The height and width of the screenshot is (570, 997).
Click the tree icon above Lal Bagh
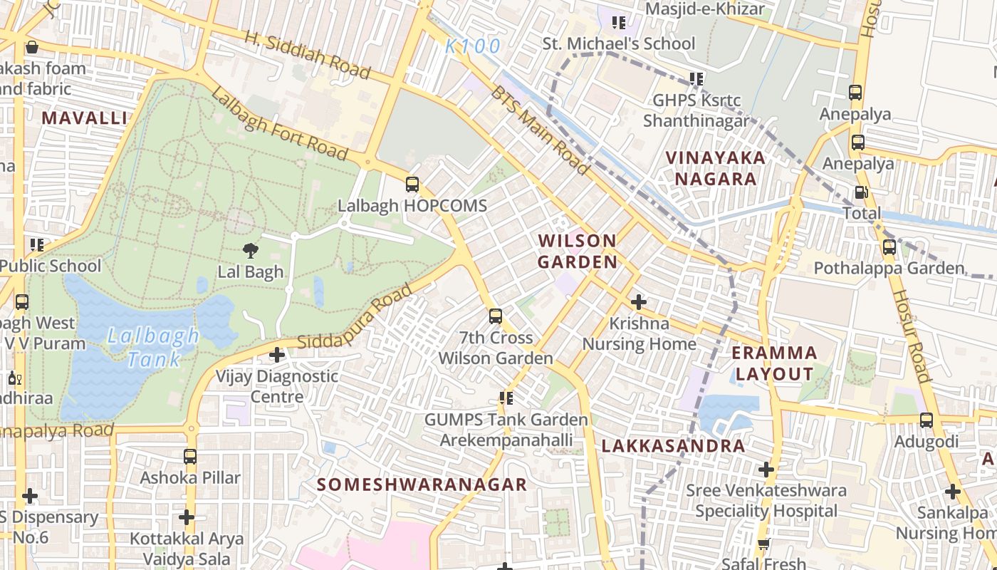(x=250, y=250)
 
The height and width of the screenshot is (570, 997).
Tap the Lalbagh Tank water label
(x=152, y=347)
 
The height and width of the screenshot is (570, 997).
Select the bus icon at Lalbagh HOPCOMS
(x=412, y=185)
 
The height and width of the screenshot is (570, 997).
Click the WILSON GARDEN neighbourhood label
(x=578, y=251)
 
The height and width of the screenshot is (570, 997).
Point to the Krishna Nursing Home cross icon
(x=639, y=302)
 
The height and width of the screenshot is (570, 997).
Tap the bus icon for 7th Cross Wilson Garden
(x=496, y=316)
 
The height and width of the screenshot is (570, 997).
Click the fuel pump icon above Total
(x=861, y=192)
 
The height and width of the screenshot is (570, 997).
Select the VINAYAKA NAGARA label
(x=715, y=168)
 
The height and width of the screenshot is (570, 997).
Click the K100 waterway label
(x=473, y=47)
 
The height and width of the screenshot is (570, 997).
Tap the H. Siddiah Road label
(x=308, y=55)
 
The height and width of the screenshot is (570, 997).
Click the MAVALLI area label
(x=84, y=118)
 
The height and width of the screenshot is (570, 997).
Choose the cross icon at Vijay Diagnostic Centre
(x=277, y=355)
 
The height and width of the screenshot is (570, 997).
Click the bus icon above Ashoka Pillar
(x=190, y=456)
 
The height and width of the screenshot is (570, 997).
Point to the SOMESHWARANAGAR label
(x=422, y=484)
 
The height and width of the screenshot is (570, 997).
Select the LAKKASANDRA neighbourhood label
(x=673, y=446)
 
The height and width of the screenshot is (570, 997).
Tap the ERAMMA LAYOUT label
(x=774, y=363)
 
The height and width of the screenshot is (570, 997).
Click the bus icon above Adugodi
(x=926, y=420)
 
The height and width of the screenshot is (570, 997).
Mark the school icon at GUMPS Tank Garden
(x=506, y=398)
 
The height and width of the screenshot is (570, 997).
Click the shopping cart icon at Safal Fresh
(x=763, y=545)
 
